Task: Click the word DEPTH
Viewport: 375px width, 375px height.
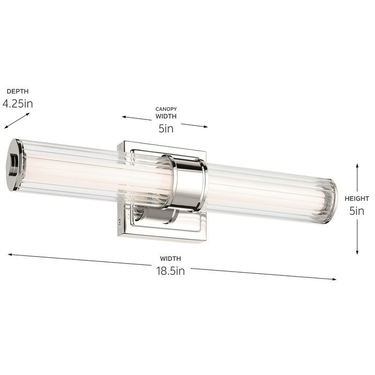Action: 18,92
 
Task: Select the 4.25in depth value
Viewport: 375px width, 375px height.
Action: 18,104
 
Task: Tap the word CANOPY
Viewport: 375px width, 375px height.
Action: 166,109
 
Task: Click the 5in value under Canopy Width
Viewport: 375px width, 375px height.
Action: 166,129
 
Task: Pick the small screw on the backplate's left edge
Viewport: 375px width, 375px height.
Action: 119,220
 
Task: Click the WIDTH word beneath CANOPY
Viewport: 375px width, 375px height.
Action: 166,116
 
